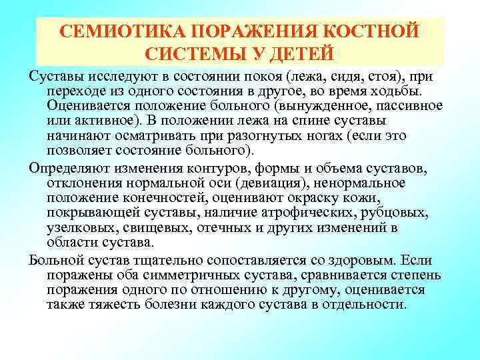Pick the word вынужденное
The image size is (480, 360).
(x=297, y=105)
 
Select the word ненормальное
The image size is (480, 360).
(x=377, y=182)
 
